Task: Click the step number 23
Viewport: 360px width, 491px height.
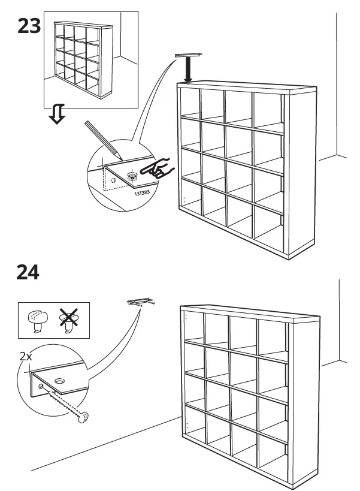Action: pyautogui.click(x=28, y=26)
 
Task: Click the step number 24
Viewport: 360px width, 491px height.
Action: pyautogui.click(x=28, y=272)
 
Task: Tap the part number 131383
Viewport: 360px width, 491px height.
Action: pyautogui.click(x=142, y=192)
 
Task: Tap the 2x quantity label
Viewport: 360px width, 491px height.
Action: pyautogui.click(x=26, y=356)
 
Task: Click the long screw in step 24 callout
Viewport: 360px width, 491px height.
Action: pyautogui.click(x=66, y=404)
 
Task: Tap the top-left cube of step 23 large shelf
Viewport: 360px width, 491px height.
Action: pyautogui.click(x=189, y=105)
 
